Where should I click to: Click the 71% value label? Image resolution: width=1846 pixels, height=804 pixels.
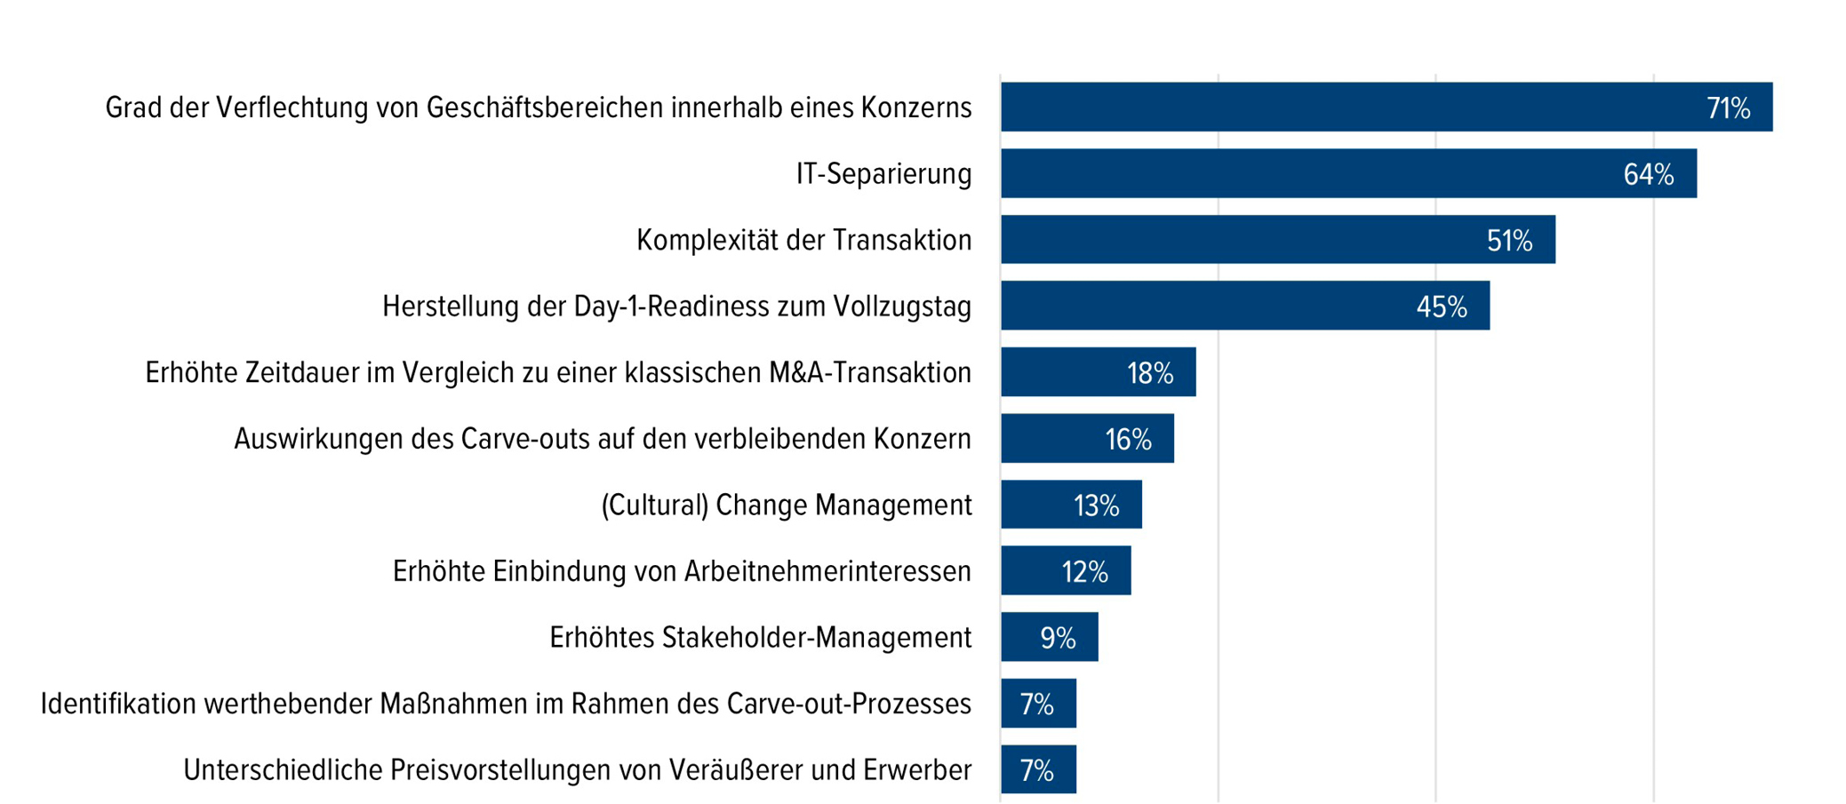1728,108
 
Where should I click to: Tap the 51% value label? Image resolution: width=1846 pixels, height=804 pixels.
1509,241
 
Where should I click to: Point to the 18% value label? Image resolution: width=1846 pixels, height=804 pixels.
1150,373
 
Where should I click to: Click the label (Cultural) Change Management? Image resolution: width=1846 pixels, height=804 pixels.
786,505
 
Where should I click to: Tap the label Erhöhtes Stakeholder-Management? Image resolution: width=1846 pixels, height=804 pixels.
760,638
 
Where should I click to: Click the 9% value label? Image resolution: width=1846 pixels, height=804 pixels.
1058,638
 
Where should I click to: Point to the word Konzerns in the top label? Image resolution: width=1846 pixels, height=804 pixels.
915,108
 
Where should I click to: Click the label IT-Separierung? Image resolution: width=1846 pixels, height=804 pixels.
883,174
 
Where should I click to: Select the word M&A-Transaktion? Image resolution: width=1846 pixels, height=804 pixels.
870,373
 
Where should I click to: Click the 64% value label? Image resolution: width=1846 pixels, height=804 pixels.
1648,175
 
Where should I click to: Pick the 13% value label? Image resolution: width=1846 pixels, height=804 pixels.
1096,505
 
